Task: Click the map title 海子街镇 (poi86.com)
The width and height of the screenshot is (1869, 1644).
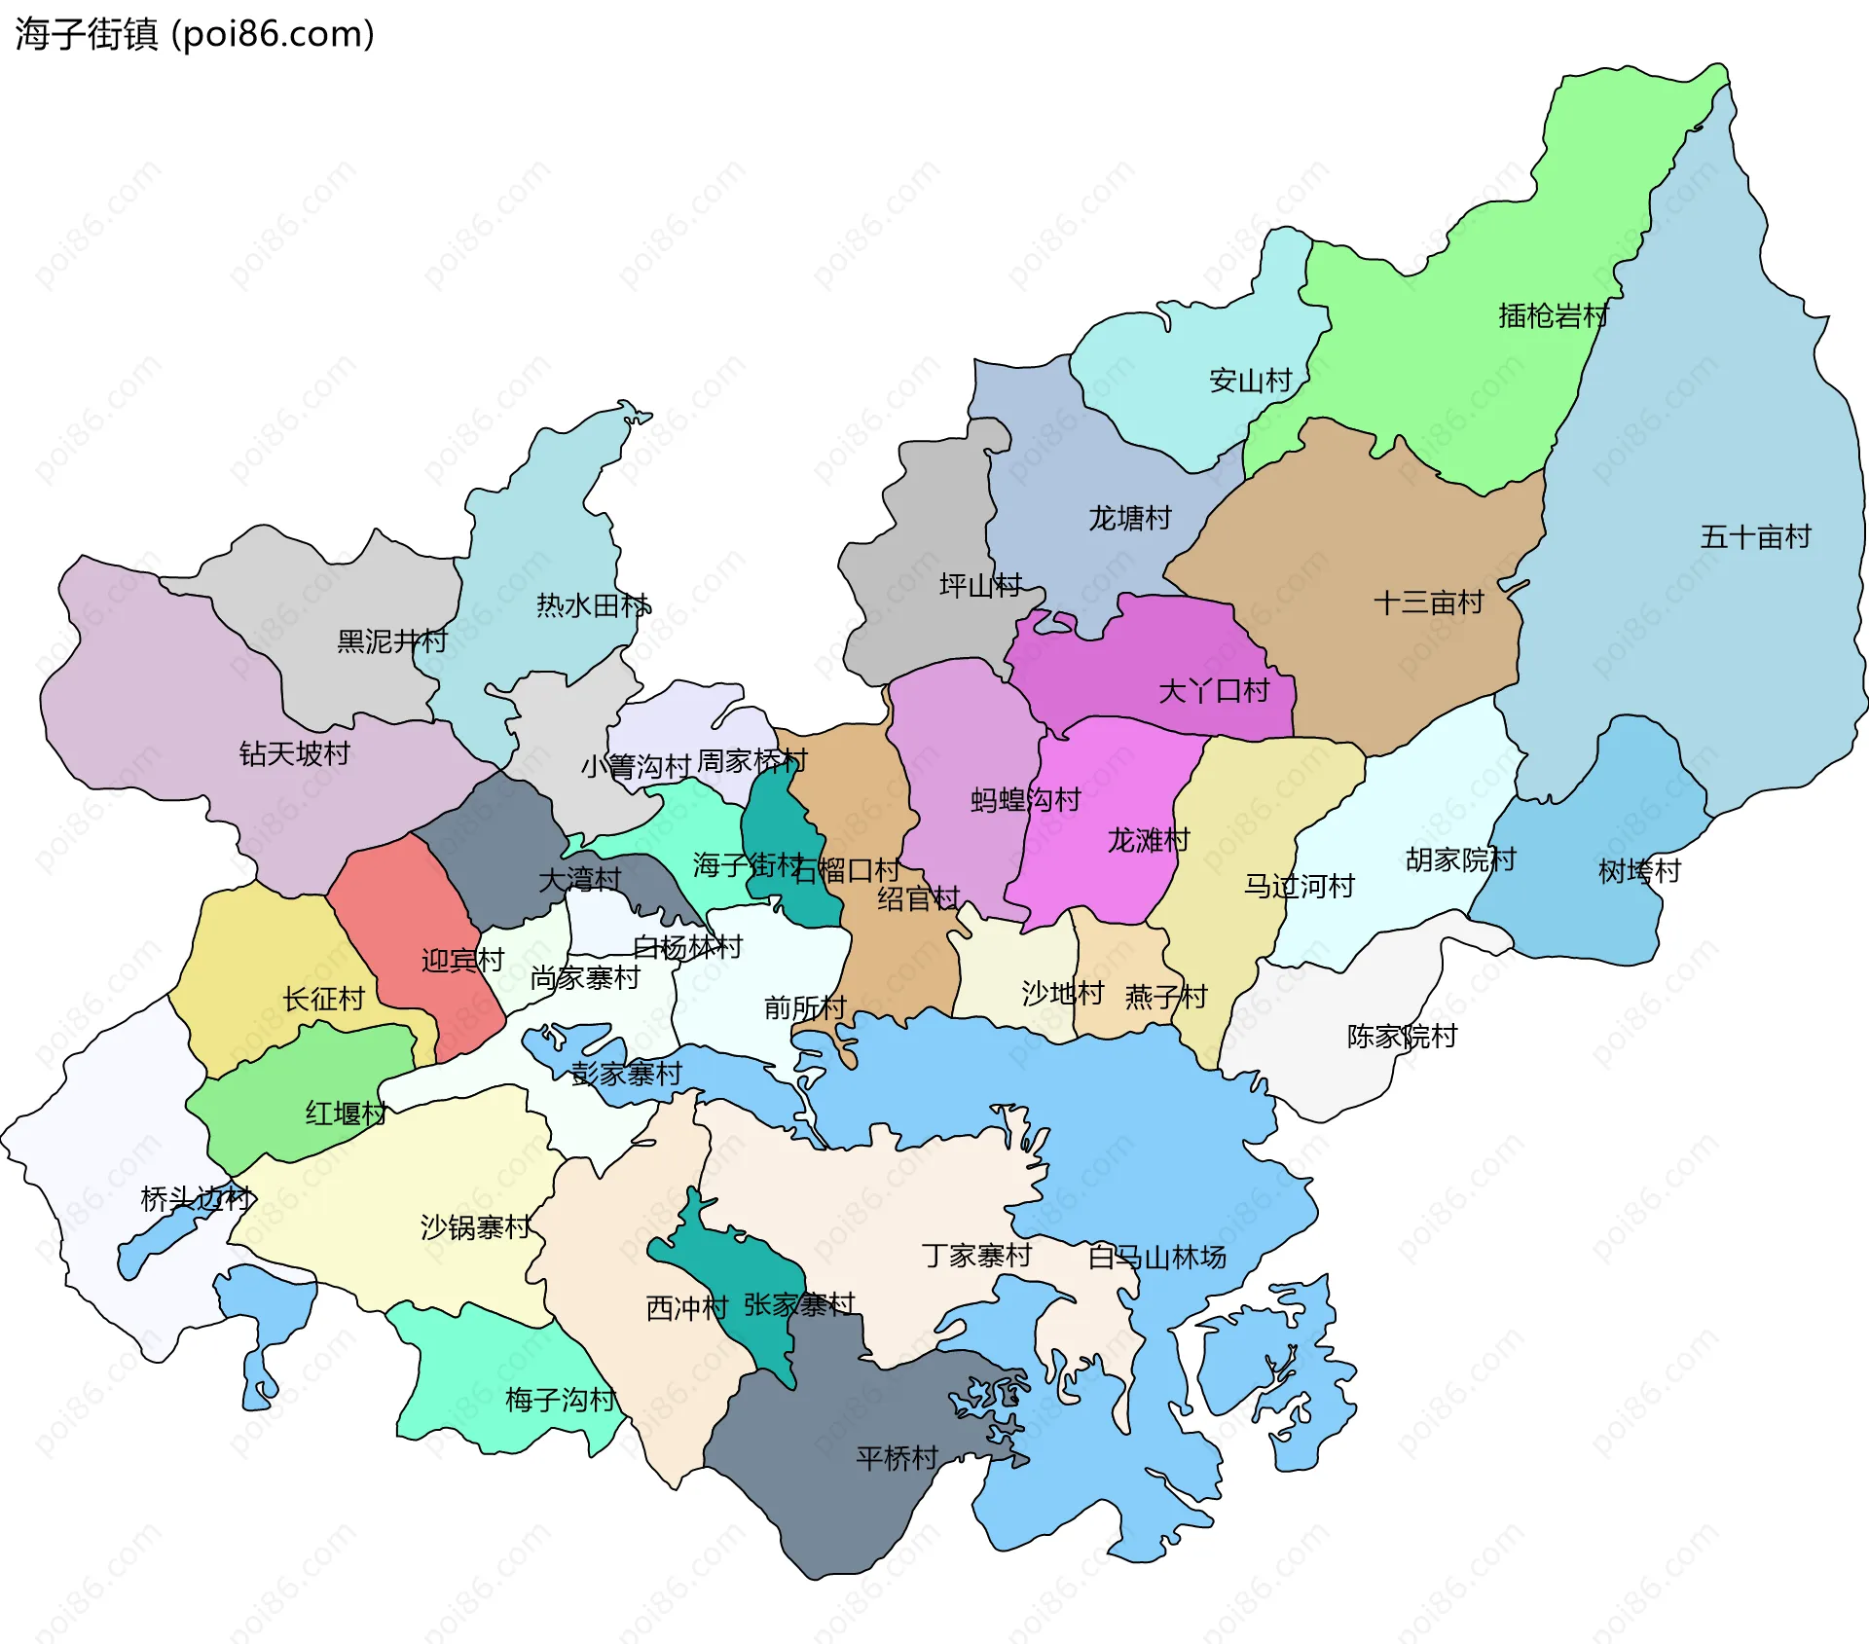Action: [x=195, y=34]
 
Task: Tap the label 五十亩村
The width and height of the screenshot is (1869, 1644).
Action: [x=1755, y=537]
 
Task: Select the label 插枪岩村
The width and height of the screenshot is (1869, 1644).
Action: [x=1553, y=316]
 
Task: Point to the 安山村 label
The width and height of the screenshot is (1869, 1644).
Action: [x=1250, y=381]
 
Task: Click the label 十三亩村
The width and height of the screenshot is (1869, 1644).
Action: [x=1428, y=603]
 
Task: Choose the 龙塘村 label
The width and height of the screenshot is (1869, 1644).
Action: [x=1129, y=519]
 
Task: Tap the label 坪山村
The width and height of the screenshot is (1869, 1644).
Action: [x=980, y=586]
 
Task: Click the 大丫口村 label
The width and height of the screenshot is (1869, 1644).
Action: [x=1214, y=692]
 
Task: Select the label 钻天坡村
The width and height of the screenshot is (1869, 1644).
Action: [x=294, y=754]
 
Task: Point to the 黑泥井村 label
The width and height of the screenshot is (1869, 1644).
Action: [x=391, y=642]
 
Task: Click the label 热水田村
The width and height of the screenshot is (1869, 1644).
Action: [x=593, y=606]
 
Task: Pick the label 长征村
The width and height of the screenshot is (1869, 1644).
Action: [x=323, y=1000]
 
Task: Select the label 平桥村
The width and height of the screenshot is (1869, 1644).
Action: [x=897, y=1458]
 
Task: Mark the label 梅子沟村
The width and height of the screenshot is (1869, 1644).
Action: [x=560, y=1401]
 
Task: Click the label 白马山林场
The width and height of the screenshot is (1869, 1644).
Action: [x=1156, y=1259]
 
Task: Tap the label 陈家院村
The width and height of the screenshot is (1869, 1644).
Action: [x=1402, y=1037]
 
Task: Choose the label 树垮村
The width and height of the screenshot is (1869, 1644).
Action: [x=1639, y=872]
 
